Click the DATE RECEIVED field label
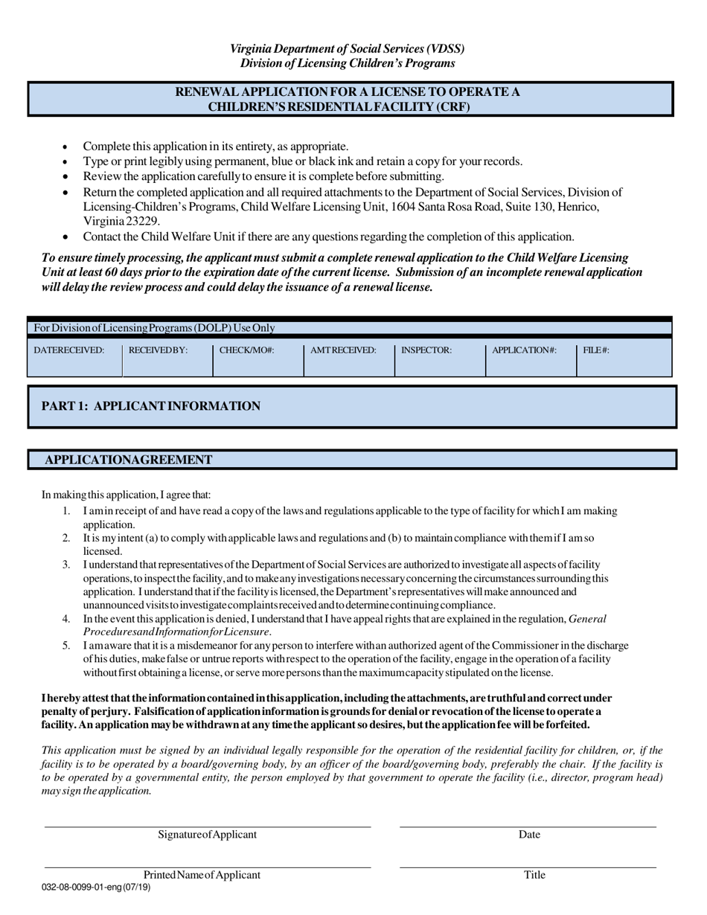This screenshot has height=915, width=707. tap(69, 350)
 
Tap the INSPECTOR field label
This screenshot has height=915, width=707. tap(426, 350)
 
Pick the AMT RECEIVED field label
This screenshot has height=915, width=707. tap(342, 350)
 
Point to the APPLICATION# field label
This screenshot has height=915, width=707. tap(524, 350)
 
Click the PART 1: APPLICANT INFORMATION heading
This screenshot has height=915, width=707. tap(151, 406)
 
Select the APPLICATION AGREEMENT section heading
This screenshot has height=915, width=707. tap(129, 460)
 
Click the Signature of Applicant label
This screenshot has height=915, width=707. tap(207, 835)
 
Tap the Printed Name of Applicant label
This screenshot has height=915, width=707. tap(202, 875)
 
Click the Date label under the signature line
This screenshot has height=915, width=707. tap(529, 835)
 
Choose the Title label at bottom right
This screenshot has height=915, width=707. tap(534, 875)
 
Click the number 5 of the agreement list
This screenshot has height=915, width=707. tap(66, 646)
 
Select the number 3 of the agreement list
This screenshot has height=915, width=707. tap(66, 565)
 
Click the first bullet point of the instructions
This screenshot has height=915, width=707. tap(65, 147)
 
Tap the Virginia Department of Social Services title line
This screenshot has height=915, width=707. tap(347, 49)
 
